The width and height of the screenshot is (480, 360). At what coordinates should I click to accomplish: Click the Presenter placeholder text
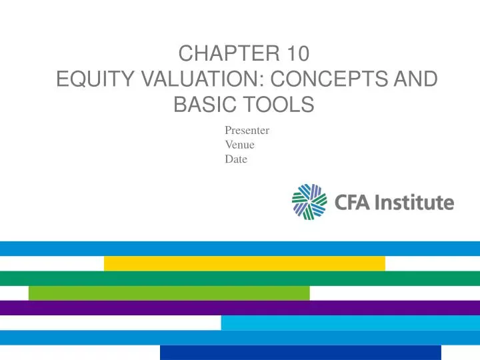pos(247,131)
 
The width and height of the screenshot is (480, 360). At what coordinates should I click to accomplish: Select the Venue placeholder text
pos(239,145)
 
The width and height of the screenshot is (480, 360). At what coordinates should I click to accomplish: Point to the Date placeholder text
pos(236,159)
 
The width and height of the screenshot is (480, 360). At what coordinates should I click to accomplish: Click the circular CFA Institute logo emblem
pos(310,202)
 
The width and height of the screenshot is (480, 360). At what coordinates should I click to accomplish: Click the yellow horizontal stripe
pos(245,263)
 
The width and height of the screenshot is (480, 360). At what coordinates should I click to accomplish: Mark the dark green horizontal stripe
pos(240,279)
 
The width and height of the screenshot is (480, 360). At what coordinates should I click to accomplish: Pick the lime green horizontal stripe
pos(169,293)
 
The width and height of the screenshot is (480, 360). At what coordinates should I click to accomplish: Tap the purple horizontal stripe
pos(240,308)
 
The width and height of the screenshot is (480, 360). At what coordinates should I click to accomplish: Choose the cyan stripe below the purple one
pos(350,323)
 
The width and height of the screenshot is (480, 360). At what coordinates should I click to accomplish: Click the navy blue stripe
pos(300,352)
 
